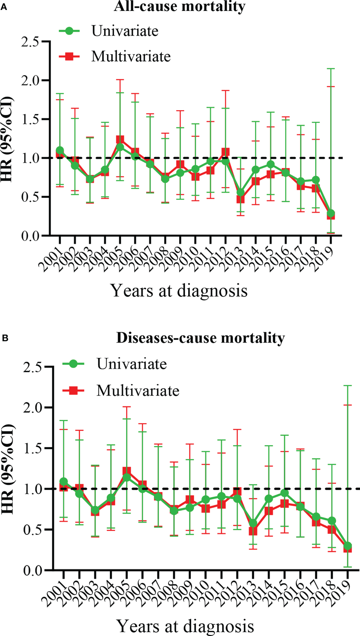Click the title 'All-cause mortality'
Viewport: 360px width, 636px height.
coord(180,6)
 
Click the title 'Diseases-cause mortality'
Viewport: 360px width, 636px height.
coord(200,338)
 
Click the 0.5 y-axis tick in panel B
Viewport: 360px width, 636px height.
coord(33,529)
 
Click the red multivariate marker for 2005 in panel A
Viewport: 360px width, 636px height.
coord(120,139)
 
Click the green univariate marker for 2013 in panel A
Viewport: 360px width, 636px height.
coord(241,193)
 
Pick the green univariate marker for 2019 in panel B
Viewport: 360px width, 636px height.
coord(347,546)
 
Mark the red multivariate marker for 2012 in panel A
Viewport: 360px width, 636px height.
coord(225,152)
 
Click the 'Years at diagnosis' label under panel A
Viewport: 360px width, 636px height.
coord(179,291)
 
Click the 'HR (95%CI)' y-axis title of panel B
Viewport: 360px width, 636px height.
coord(8,469)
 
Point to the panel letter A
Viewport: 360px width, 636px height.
coord(4,7)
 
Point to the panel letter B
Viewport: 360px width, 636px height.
coord(5,338)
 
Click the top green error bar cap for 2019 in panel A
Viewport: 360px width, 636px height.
coord(331,68)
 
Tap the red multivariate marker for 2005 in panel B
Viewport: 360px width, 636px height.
coord(127,471)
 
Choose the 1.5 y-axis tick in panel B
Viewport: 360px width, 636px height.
coord(33,448)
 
